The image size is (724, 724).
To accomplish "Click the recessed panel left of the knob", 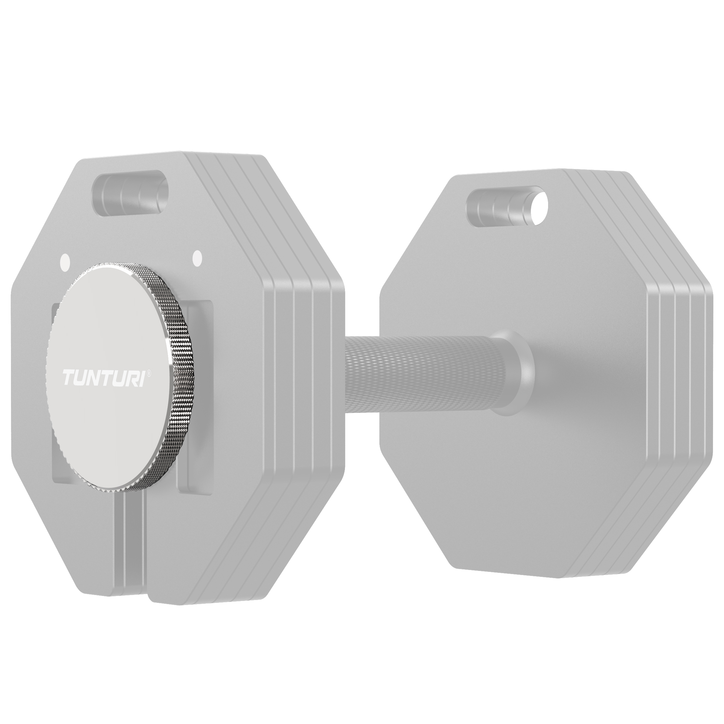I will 54,375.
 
